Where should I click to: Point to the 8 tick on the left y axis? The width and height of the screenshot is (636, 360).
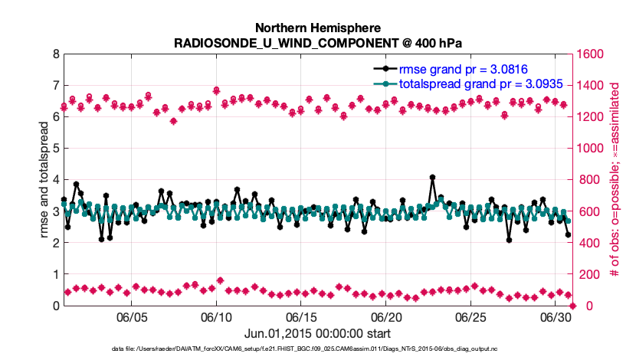point(54,54)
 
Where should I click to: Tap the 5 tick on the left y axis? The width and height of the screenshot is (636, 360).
point(54,149)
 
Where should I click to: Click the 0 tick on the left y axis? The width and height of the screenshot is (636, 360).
point(54,306)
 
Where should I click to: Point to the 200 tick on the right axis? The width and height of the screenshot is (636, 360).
point(591,274)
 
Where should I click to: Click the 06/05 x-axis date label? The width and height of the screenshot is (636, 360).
point(132,317)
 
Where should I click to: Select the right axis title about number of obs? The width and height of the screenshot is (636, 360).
point(615,180)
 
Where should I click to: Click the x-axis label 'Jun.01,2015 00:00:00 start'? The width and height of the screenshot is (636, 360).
point(318,333)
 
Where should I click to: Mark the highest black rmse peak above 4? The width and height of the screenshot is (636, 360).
point(433,178)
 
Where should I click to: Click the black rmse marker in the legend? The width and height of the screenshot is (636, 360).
point(389,68)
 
